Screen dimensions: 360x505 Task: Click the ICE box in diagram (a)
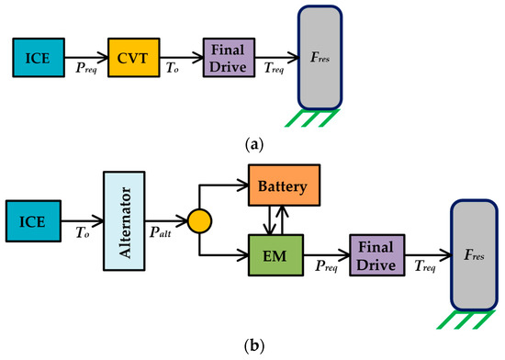point(37,58)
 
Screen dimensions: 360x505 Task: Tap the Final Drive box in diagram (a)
point(228,57)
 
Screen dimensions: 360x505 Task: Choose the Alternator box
point(124,219)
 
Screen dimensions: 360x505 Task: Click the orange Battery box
point(283,187)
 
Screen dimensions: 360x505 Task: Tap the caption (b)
point(252,346)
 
